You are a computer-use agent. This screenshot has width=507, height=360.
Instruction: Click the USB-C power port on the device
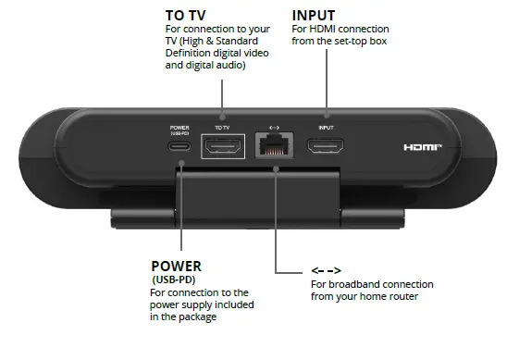click(179, 146)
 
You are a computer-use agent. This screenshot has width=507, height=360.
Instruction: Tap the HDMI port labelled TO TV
click(220, 145)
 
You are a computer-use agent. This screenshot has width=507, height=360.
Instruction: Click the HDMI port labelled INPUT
click(326, 145)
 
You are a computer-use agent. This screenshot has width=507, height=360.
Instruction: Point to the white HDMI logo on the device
click(423, 147)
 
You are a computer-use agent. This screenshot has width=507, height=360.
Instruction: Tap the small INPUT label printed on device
click(326, 127)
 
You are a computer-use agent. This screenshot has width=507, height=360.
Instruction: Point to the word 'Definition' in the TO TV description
click(190, 55)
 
